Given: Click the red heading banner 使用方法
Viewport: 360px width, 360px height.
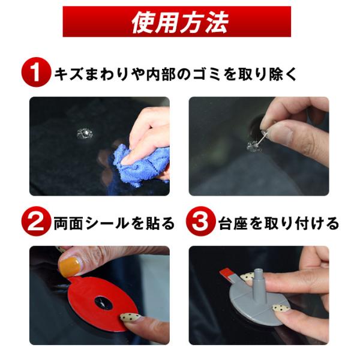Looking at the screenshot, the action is pyautogui.click(x=177, y=22).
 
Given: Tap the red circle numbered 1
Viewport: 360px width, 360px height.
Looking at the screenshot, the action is pyautogui.click(x=36, y=72).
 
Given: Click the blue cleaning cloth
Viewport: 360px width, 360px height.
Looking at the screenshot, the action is pyautogui.click(x=140, y=166).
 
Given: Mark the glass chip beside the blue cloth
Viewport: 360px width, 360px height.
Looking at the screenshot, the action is pyautogui.click(x=85, y=133).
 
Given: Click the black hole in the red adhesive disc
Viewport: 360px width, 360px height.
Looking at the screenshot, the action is pyautogui.click(x=104, y=302).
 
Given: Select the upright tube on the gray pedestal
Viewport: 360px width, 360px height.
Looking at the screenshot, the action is pyautogui.click(x=259, y=285).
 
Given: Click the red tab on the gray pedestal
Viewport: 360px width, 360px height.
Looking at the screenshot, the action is pyautogui.click(x=226, y=274).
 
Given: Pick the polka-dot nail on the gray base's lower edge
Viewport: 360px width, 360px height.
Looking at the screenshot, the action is pyautogui.click(x=281, y=308).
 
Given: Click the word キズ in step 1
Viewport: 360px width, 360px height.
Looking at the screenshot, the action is pyautogui.click(x=68, y=74).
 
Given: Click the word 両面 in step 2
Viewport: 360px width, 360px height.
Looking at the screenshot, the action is pyautogui.click(x=68, y=223).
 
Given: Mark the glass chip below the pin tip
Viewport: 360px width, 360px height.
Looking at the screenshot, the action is pyautogui.click(x=253, y=146).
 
